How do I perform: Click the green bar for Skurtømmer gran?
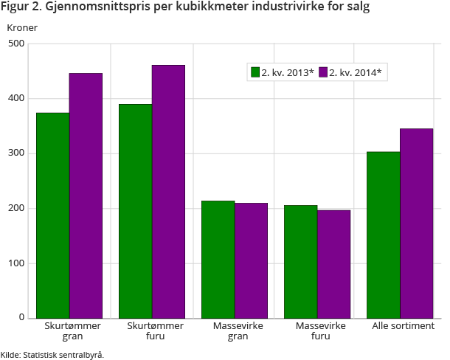coord(52,215)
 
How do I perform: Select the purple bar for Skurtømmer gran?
coord(86,195)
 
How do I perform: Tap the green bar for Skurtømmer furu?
coord(135,211)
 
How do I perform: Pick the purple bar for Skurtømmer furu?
coord(168,192)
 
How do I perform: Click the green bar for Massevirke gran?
coord(218,259)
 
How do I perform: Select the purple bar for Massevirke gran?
coord(251,260)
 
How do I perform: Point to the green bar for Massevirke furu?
coord(300,261)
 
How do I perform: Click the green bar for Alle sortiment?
coord(383,235)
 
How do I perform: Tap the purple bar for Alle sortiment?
coord(416,224)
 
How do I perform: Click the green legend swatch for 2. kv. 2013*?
coord(255,72)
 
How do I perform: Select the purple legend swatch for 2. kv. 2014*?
coord(322,72)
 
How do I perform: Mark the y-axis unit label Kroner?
coord(22,28)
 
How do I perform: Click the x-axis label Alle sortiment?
coord(403,326)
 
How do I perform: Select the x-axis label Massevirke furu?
coord(320,331)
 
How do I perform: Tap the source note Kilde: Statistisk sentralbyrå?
coord(52,354)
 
